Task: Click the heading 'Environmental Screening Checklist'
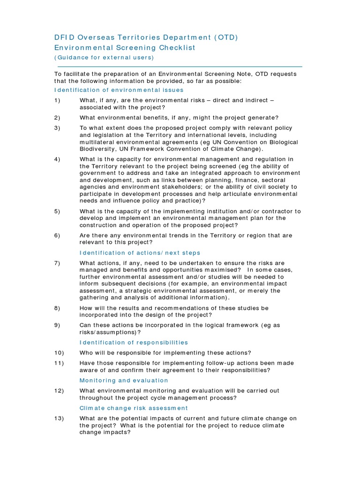(125, 48)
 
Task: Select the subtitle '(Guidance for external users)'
(104, 58)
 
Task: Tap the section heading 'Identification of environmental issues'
(119, 90)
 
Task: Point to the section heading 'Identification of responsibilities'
(134, 343)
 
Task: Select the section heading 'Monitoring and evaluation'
(124, 381)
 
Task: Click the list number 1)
(58, 100)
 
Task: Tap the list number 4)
(58, 159)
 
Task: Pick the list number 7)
(58, 263)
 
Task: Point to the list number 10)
(59, 353)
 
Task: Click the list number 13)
(59, 419)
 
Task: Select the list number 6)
(58, 235)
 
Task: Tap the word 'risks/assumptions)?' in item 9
(110, 332)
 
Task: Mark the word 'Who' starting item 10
(86, 353)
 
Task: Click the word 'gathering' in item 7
(94, 298)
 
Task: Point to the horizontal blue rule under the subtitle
(178, 67)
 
